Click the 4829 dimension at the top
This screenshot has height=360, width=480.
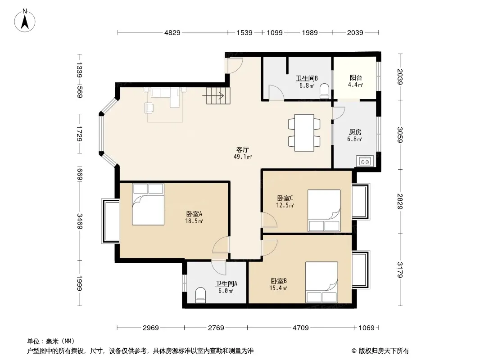tap(172, 32)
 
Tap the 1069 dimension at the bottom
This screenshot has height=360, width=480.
tap(367, 328)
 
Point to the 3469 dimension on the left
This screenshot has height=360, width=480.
tap(79, 221)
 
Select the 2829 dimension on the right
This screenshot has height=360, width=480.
tap(400, 202)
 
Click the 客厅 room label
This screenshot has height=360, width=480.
tap(242, 149)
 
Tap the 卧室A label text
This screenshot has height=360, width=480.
tap(195, 214)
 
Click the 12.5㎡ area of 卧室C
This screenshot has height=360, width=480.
tap(285, 206)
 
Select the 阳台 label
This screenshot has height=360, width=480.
tap(355, 78)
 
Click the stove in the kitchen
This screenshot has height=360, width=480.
tap(365, 161)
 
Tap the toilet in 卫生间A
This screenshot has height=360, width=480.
tap(201, 295)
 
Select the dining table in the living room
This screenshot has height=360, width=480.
tap(304, 133)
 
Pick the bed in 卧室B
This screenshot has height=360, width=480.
tap(322, 282)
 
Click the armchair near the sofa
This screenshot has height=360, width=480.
tap(149, 108)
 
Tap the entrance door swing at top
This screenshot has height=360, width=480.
tap(234, 65)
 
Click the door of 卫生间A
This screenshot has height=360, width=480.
tap(218, 267)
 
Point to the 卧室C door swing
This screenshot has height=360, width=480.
tap(269, 220)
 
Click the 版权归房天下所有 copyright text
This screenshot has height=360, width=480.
tap(380, 351)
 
